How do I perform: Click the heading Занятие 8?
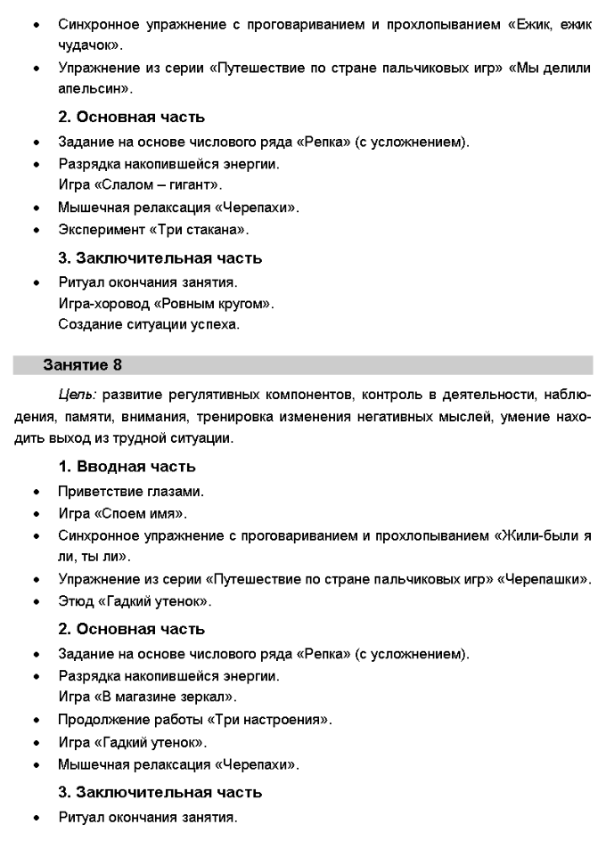pos(89,365)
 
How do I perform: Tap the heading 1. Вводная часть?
pos(127,467)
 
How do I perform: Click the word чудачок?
pos(88,43)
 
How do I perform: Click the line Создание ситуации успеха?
pos(149,325)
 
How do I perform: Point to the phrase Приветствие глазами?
pos(131,491)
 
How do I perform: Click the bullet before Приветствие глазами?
pos(35,492)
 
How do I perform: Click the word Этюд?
pos(74,601)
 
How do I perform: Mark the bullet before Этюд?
pos(35,602)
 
